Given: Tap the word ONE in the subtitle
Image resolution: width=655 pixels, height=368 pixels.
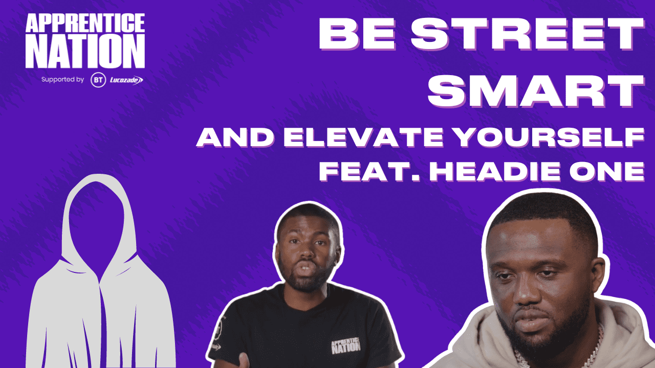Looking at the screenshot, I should click(x=610, y=171).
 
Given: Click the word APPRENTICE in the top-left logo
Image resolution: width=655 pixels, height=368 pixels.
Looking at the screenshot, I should click(x=85, y=24).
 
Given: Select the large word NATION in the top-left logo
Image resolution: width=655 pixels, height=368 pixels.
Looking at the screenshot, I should click(x=85, y=51).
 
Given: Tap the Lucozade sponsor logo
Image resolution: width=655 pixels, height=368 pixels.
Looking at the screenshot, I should click(x=126, y=80).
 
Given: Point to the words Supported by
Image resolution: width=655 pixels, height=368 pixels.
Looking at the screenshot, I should click(x=62, y=80).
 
